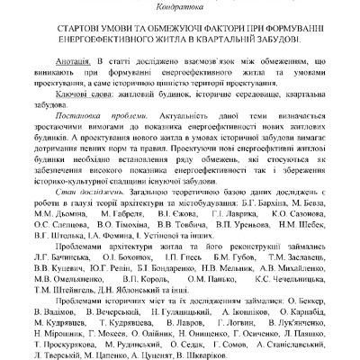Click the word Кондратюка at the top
click(x=180, y=5)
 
